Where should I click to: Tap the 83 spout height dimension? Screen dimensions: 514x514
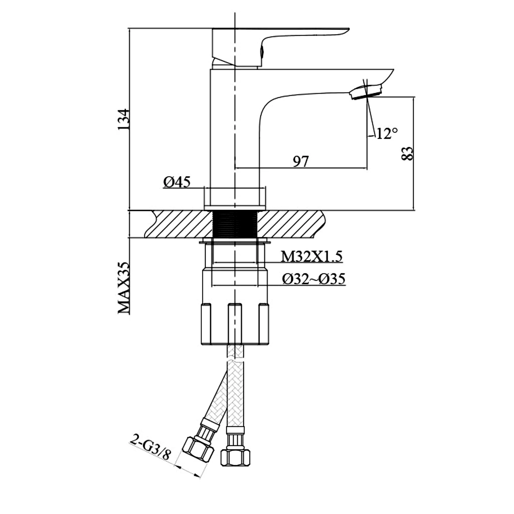pyautogui.click(x=407, y=154)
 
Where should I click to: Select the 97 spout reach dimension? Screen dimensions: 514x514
pyautogui.click(x=301, y=161)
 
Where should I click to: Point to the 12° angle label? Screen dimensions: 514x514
pyautogui.click(x=387, y=134)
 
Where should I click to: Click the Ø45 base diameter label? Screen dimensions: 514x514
pyautogui.click(x=177, y=182)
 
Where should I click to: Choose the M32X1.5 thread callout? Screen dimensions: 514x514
pyautogui.click(x=311, y=257)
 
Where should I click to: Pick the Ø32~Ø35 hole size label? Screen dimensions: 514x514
pyautogui.click(x=314, y=279)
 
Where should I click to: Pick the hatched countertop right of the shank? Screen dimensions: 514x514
pyautogui.click(x=290, y=224)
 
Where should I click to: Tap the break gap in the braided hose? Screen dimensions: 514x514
pyautogui.click(x=235, y=359)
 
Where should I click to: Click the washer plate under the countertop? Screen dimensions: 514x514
pyautogui.click(x=235, y=242)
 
